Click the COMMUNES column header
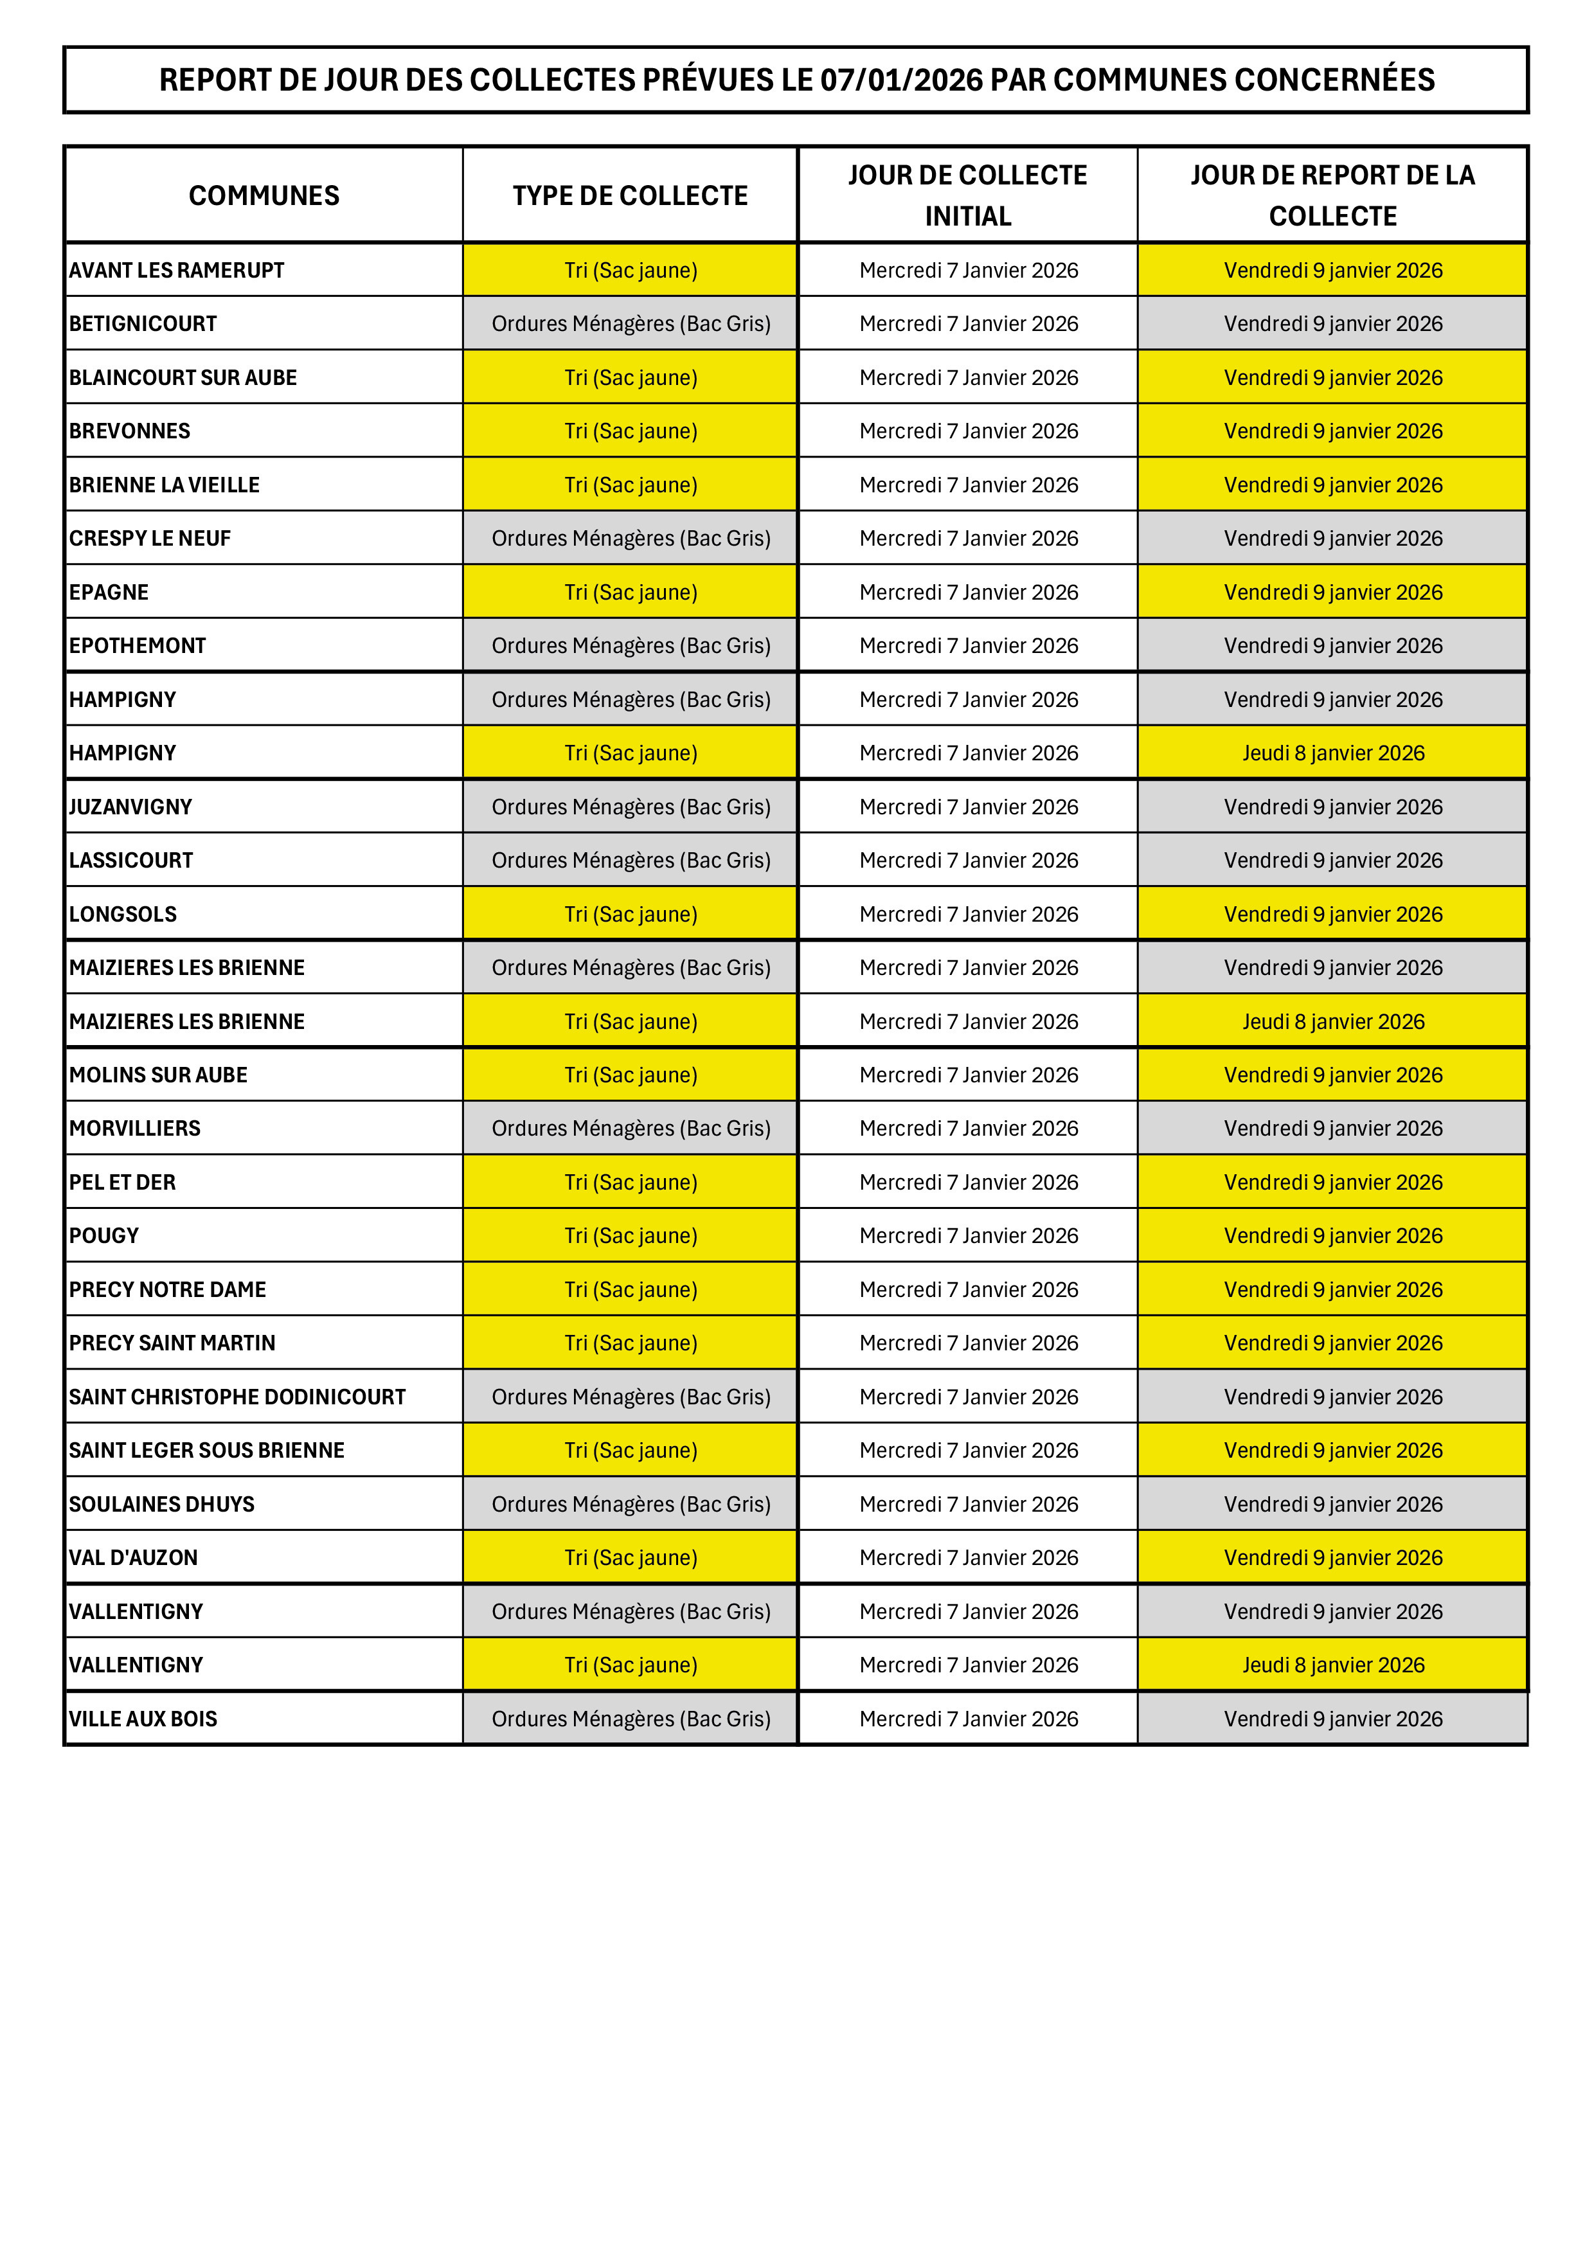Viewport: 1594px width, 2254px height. (x=264, y=195)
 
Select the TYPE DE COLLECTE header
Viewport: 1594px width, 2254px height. (x=630, y=195)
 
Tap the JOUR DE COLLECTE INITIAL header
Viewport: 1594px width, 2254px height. (x=968, y=195)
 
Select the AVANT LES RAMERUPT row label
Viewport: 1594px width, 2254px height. (x=177, y=270)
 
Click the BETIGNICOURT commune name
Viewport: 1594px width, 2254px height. (x=143, y=324)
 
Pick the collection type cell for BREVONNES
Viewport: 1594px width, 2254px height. (x=630, y=431)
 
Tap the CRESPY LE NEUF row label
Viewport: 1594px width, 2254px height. (x=150, y=538)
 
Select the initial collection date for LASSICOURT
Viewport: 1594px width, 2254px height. (x=968, y=860)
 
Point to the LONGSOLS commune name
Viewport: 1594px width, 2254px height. (x=123, y=914)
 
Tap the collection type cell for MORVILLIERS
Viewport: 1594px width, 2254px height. (x=630, y=1128)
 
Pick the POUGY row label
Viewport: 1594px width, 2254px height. (x=104, y=1235)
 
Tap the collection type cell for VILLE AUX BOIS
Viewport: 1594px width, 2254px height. (x=630, y=1719)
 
